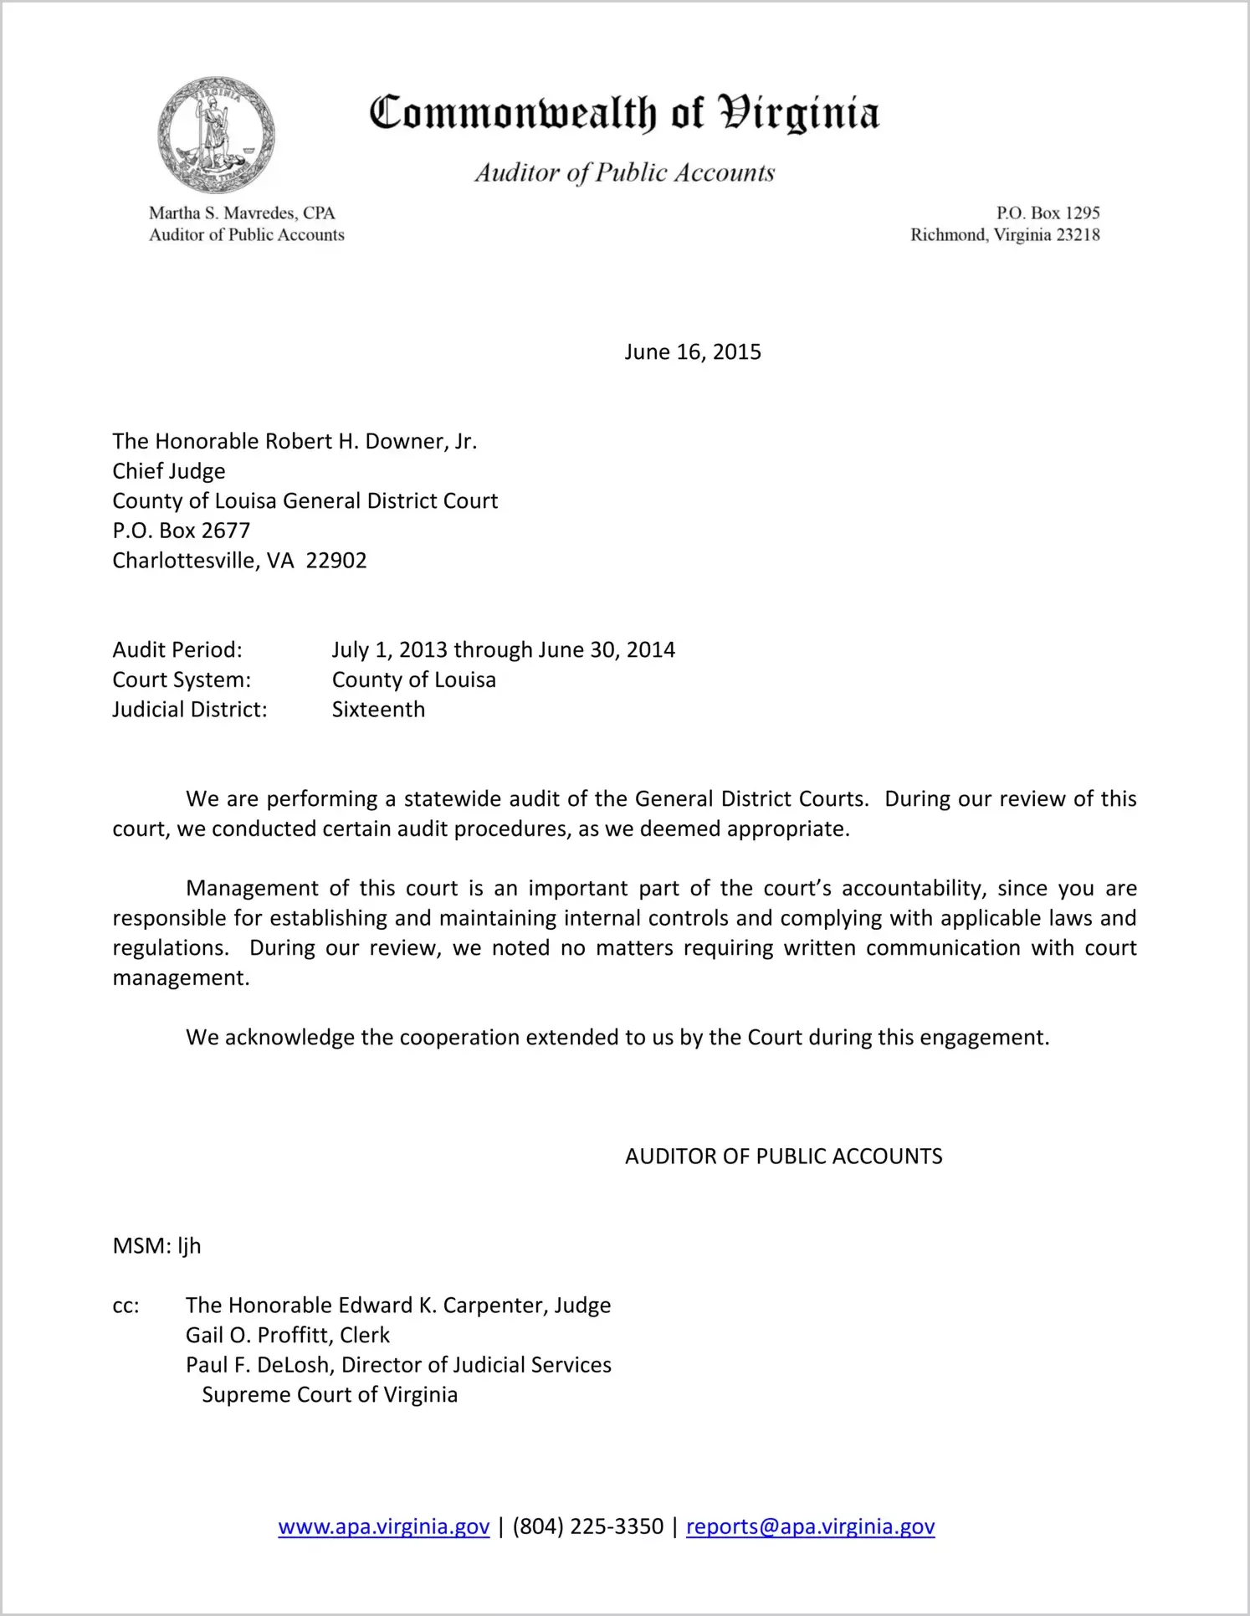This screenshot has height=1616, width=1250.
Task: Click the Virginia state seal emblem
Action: tap(216, 135)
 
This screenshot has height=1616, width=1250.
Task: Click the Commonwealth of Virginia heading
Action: tap(624, 113)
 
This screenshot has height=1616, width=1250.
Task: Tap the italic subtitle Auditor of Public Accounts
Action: tap(624, 172)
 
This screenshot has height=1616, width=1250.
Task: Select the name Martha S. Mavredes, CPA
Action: tap(242, 213)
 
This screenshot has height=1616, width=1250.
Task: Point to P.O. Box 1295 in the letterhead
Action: tap(1048, 213)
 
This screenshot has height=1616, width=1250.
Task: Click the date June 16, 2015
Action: tap(693, 351)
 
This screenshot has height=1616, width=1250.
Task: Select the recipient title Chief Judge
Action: tap(169, 471)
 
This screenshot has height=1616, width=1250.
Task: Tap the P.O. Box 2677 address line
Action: tap(182, 531)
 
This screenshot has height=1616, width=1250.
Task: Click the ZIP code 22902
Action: tap(336, 561)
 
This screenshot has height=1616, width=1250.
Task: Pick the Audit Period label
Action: tap(177, 650)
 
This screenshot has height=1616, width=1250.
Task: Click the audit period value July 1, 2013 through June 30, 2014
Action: tap(503, 650)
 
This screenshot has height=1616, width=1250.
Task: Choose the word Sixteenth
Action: tap(378, 710)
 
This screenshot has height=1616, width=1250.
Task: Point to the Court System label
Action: tap(182, 680)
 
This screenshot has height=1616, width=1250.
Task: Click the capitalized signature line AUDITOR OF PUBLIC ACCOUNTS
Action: tap(783, 1157)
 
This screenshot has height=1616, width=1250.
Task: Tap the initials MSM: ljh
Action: tap(156, 1246)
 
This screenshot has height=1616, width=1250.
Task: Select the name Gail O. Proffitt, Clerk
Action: tap(288, 1336)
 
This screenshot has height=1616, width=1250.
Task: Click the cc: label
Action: tap(126, 1306)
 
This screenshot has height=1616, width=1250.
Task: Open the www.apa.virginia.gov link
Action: tap(383, 1527)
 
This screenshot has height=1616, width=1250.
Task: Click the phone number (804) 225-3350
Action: tap(587, 1527)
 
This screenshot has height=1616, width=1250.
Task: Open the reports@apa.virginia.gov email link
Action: tap(810, 1527)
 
